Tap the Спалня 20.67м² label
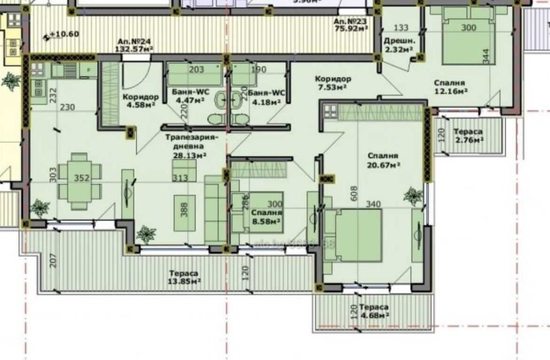coord(383,160)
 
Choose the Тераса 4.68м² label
coord(374,311)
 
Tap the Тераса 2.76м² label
coord(468,136)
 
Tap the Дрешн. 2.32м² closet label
coord(399,45)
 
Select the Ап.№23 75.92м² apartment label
coord(350,25)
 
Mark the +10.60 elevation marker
coord(64,34)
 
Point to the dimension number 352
coord(81,178)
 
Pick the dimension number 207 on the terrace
coord(53,260)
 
